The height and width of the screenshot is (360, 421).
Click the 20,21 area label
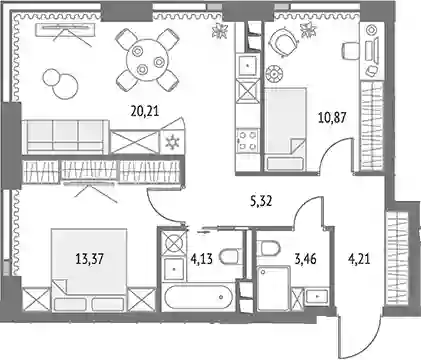coord(145,111)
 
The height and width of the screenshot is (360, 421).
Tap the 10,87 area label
coord(332,118)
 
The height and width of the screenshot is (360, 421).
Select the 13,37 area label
coord(89,259)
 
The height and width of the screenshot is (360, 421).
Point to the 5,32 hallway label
coord(261,201)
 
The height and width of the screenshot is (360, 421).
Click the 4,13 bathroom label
coord(202,259)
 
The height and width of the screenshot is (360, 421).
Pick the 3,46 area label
coord(305,259)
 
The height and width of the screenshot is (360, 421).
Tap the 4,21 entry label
coord(359,259)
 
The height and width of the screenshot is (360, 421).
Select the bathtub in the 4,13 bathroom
coord(197,297)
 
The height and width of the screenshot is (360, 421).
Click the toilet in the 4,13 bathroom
coord(229,257)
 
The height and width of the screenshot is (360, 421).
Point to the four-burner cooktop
coord(247,141)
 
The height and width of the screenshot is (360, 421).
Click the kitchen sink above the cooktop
coord(247,66)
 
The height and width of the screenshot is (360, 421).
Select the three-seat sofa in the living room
coord(66,136)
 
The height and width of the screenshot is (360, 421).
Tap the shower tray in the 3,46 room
coord(274,288)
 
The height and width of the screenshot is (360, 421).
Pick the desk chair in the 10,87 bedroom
coord(350,51)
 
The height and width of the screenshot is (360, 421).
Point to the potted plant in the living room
coord(220,31)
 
